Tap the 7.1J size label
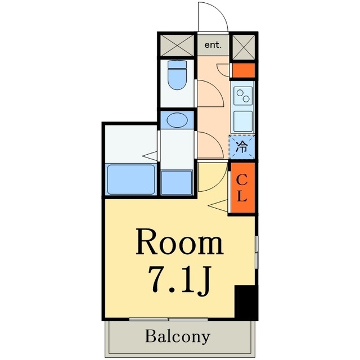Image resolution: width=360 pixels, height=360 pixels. pyautogui.click(x=177, y=279)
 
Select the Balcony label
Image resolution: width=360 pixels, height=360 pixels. pyautogui.click(x=178, y=337)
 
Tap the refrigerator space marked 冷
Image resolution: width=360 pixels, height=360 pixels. pyautogui.click(x=242, y=147)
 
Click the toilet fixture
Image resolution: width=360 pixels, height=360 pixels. pyautogui.click(x=178, y=79)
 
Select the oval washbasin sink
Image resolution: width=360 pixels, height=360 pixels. pyautogui.click(x=177, y=120)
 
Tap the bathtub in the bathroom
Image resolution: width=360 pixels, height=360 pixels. pyautogui.click(x=131, y=179)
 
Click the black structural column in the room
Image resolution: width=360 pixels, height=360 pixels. pyautogui.click(x=245, y=303)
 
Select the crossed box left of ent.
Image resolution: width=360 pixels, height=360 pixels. pyautogui.click(x=177, y=44)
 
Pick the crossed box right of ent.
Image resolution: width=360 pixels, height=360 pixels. pyautogui.click(x=244, y=44)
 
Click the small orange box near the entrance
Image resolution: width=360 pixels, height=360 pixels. pyautogui.click(x=244, y=71)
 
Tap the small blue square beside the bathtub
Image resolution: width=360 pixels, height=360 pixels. pyautogui.click(x=177, y=182)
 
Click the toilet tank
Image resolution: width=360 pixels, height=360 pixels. pyautogui.click(x=178, y=65)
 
